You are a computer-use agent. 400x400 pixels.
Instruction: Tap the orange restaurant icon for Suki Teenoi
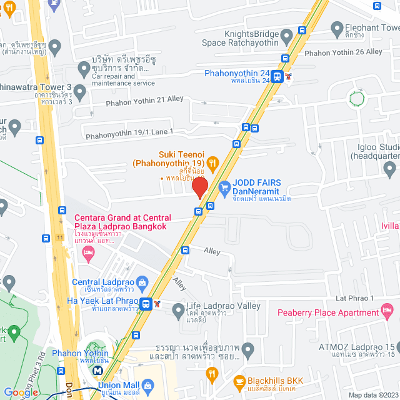coord(212,163)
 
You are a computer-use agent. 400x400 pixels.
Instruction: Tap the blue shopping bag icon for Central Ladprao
coord(142,282)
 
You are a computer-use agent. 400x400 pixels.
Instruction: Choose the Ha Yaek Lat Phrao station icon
coord(146,304)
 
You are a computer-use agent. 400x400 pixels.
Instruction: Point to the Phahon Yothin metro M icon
coord(97,370)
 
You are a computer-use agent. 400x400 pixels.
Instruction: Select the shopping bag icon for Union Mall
coord(147,386)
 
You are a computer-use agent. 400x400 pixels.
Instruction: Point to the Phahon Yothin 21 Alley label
coord(145,99)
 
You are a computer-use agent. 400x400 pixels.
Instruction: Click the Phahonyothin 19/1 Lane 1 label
coord(129,132)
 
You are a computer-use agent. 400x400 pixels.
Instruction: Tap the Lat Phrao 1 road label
coord(354,299)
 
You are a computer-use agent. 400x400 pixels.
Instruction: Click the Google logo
coord(21,392)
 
